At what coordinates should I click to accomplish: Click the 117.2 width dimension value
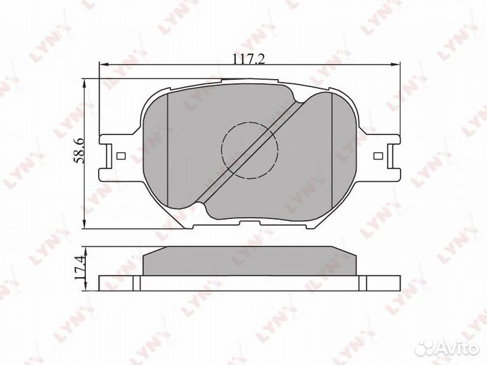pos(249,58)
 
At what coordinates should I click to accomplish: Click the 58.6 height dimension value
pos(78,151)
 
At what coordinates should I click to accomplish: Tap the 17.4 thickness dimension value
pos(79,267)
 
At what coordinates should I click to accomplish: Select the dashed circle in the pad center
pos(250,151)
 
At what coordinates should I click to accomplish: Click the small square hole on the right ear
pos(377,155)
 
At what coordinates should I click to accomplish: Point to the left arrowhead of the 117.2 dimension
pos(103,65)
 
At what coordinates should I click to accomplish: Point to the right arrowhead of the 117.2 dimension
pos(396,65)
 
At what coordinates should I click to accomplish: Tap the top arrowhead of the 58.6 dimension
pos(83,83)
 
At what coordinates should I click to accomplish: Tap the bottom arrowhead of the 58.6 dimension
pos(83,224)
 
